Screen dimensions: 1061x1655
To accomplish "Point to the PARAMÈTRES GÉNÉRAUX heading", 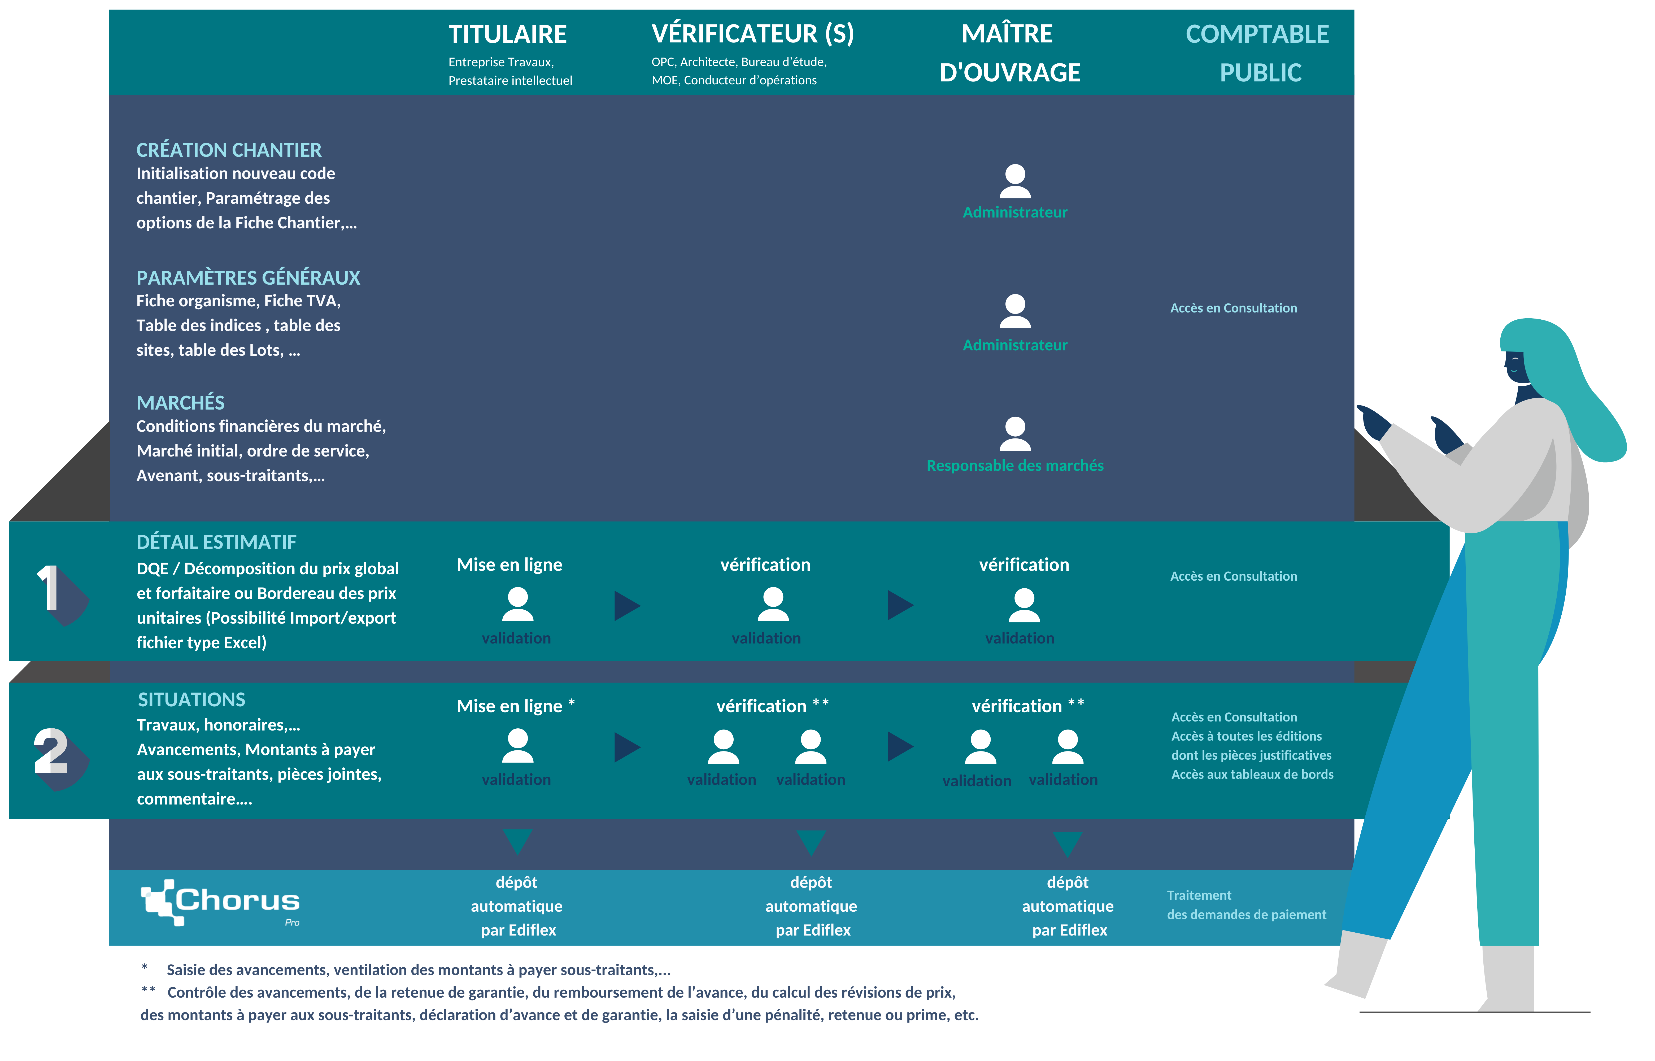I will click(x=248, y=278).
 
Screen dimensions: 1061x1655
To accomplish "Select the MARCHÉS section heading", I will click(x=180, y=402).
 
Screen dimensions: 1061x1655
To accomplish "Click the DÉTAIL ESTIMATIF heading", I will click(x=216, y=542).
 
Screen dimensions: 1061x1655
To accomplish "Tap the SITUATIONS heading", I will click(x=191, y=700).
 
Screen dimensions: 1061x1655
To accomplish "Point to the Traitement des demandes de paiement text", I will click(x=1246, y=905).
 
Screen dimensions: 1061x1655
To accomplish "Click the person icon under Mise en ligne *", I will click(x=517, y=746).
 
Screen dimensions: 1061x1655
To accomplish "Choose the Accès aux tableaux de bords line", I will click(x=1252, y=774).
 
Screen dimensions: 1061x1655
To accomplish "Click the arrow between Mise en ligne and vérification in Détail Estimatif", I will click(x=627, y=606).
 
